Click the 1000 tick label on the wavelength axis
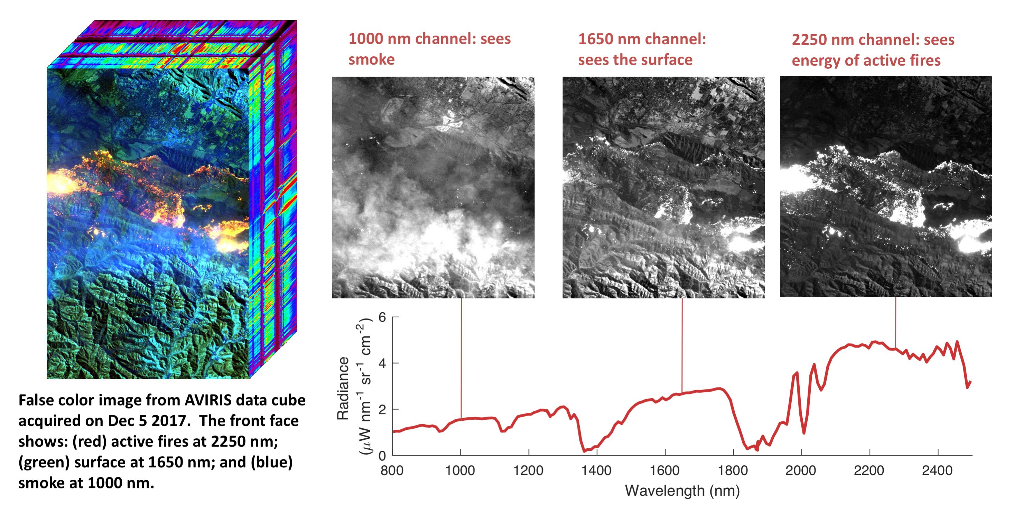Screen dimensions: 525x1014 [x=460, y=470]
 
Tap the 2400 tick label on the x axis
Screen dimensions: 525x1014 [x=937, y=470]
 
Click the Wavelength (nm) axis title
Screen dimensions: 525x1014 [x=682, y=491]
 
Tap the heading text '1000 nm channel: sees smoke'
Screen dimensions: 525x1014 [x=429, y=49]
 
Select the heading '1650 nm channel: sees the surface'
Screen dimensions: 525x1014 [x=642, y=49]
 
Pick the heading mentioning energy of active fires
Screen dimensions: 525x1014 [x=873, y=50]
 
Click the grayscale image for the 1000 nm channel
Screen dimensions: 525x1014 [x=433, y=187]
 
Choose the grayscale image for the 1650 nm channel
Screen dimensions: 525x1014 [x=663, y=187]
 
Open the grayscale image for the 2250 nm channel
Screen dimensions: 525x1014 [x=886, y=187]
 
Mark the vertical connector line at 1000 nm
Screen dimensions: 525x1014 [x=461, y=358]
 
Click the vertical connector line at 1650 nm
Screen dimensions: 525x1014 [x=682, y=346]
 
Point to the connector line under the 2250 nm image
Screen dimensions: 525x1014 [x=895, y=323]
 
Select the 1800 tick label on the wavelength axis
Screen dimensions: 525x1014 [x=733, y=470]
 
